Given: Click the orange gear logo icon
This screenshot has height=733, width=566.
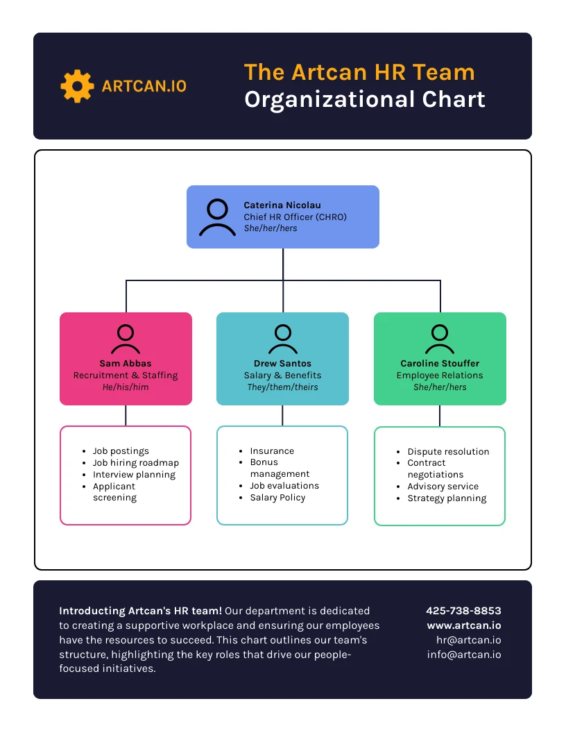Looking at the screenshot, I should pos(77,86).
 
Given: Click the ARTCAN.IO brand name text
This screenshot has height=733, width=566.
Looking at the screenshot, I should pos(144,86).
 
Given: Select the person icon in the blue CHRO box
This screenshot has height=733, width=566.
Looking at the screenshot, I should pos(217,217).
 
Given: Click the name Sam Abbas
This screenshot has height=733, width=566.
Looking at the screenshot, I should pos(126,364).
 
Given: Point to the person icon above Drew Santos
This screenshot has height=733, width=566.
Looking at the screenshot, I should pos(282,339).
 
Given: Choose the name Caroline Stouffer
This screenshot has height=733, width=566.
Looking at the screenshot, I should pos(440,364).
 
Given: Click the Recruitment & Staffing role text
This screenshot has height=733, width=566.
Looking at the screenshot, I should pos(126,376).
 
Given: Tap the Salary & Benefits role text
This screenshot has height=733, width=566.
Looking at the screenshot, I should pos(282,376).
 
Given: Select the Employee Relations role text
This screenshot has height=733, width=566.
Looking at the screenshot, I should pos(440,376).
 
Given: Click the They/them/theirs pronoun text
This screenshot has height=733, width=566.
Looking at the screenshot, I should pos(282,387).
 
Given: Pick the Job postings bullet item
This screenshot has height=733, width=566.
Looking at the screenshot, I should pos(121,451).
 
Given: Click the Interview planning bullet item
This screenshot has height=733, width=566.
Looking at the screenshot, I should pos(134,475).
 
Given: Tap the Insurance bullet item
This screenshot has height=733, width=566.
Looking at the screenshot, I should pos(272,451).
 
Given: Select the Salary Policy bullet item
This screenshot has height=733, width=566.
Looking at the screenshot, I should pos(277,498).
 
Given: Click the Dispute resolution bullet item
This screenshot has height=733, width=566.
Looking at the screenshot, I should pos(448,452).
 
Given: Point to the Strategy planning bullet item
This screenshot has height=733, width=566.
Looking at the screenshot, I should pos(447,498).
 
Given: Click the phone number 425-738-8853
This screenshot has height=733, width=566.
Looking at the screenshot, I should pos(463,612).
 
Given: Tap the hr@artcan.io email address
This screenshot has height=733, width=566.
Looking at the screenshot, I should pos(468,640).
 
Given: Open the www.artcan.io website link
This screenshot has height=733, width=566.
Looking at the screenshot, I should pos(464,625).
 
